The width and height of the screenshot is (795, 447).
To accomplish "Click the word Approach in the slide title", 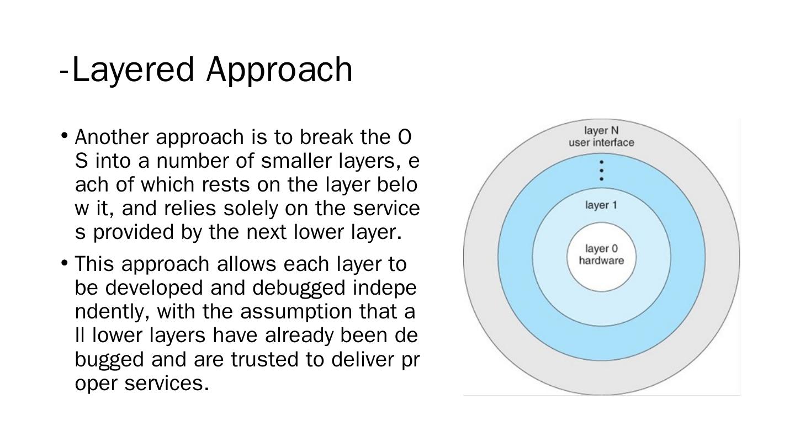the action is click(279, 70).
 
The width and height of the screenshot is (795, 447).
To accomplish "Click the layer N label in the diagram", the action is click(601, 131).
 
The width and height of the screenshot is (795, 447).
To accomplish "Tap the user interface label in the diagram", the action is click(601, 143).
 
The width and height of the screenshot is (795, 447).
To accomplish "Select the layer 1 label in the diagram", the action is click(601, 205).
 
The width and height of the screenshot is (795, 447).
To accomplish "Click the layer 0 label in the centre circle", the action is click(601, 249).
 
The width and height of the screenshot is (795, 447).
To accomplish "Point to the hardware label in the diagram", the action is click(601, 260).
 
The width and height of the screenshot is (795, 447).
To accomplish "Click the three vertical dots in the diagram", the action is click(601, 171).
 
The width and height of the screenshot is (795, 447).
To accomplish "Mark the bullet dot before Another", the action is click(65, 135).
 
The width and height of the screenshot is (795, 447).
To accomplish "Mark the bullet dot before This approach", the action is click(65, 262).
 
